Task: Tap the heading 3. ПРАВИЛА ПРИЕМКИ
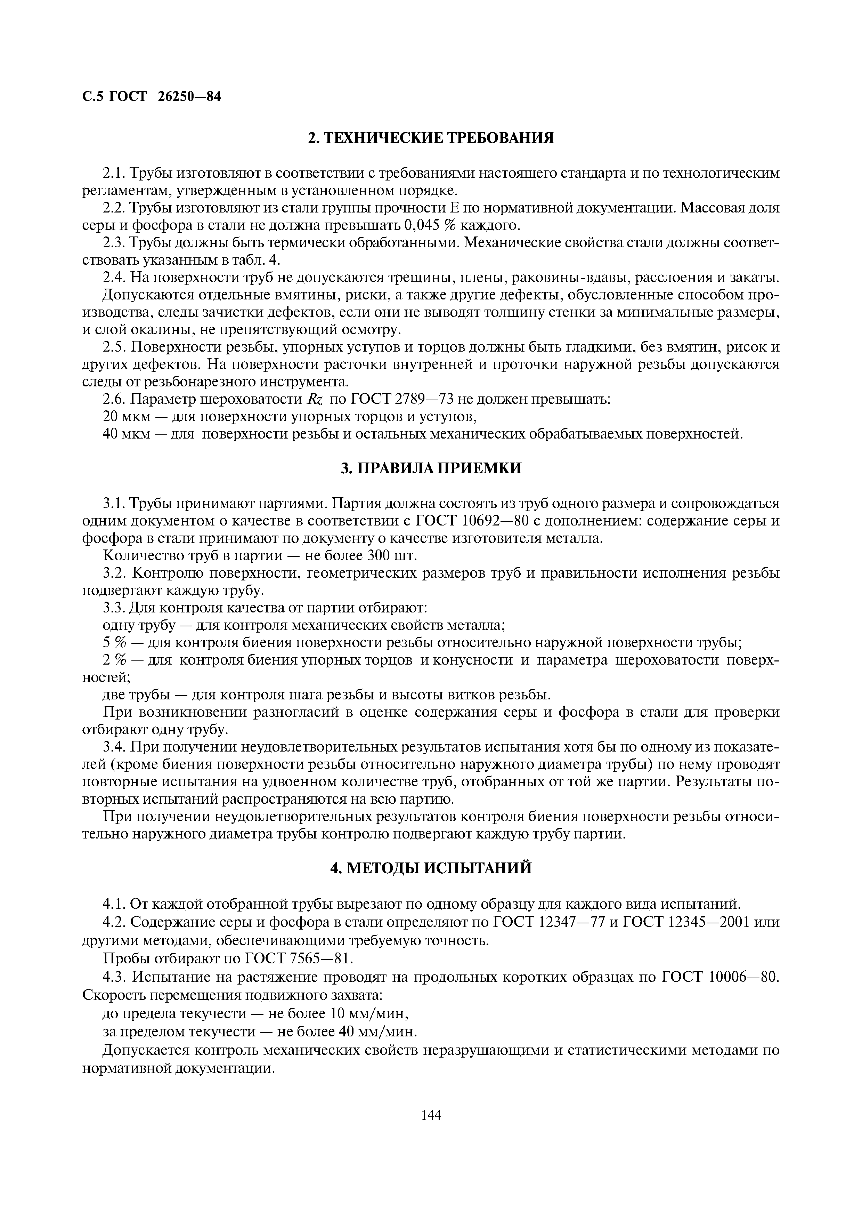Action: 431,468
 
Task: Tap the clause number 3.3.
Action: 114,608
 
